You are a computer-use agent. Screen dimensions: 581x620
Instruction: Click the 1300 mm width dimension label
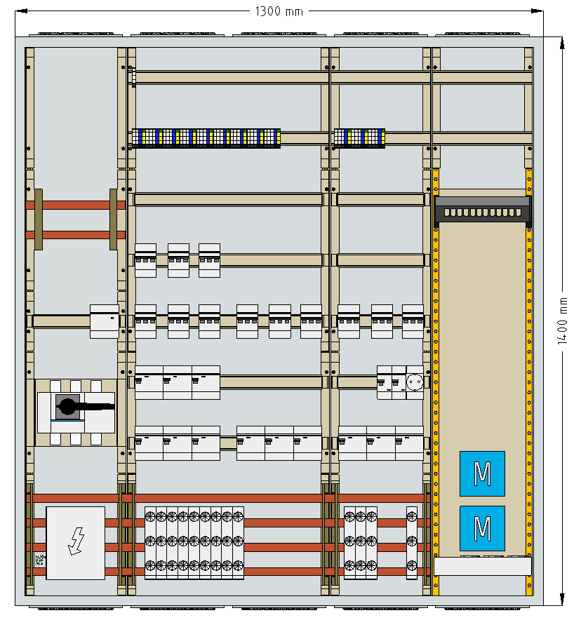tap(279, 11)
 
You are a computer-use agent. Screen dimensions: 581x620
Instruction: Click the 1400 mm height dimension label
tap(562, 321)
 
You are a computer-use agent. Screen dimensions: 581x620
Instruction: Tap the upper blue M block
tap(482, 473)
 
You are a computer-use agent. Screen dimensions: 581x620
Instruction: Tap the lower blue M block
tap(482, 528)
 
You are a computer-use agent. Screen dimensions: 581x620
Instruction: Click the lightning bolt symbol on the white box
tap(76, 541)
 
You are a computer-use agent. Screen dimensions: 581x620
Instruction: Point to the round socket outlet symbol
tap(415, 382)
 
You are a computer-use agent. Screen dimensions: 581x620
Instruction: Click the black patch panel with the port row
tap(483, 210)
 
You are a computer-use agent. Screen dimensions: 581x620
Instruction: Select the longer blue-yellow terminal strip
tap(206, 138)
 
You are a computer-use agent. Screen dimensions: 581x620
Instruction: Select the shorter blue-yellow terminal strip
tap(359, 138)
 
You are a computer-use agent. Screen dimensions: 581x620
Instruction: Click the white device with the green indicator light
tap(104, 321)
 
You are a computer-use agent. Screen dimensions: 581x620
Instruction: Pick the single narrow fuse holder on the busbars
tap(412, 543)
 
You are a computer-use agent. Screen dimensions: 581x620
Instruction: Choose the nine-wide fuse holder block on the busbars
tap(194, 543)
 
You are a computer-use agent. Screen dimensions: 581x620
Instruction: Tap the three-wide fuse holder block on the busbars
tap(360, 543)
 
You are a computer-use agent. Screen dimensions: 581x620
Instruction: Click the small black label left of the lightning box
tap(39, 560)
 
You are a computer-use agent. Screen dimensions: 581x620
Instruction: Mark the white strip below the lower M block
tap(483, 566)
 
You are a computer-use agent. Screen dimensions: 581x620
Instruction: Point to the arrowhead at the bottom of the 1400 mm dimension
tap(562, 600)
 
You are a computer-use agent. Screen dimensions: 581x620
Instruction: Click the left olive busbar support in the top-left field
tap(39, 220)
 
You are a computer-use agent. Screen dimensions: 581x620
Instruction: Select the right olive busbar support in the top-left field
tap(113, 220)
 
